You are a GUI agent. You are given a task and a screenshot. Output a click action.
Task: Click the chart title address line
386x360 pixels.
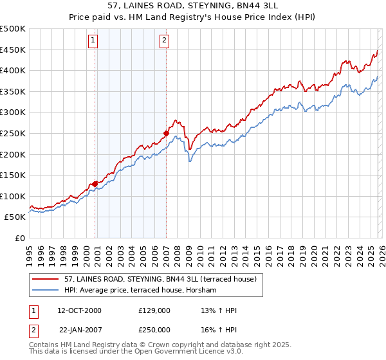click(193, 6)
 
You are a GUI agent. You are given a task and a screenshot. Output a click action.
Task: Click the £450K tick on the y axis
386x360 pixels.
click(13, 50)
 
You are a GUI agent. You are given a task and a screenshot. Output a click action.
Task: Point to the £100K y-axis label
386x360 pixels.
click(13, 196)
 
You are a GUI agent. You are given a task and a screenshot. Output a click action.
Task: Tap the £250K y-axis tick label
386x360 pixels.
click(13, 134)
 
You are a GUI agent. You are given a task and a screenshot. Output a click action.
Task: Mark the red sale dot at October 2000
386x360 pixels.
click(95, 184)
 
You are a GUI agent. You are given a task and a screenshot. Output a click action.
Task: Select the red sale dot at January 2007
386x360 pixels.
click(166, 134)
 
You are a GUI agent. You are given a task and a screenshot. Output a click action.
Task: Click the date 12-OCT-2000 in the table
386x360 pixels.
click(80, 310)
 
